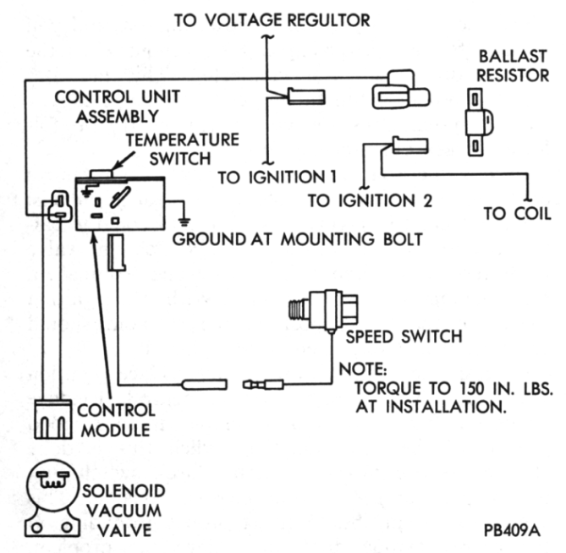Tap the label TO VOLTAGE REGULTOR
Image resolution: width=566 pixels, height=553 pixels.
(272, 19)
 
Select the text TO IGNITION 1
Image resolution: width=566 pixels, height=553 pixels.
(278, 178)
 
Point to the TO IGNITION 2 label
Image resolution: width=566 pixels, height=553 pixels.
(370, 200)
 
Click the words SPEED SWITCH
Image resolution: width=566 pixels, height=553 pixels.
(404, 337)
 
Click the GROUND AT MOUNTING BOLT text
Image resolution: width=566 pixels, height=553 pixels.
(297, 239)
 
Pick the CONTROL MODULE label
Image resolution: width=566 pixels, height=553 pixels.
(116, 419)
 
